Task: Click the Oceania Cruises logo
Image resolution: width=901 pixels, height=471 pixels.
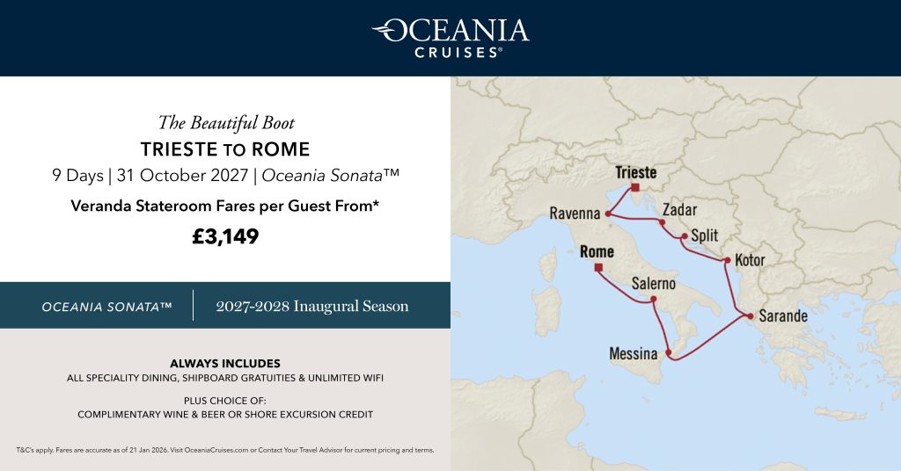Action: [450, 37]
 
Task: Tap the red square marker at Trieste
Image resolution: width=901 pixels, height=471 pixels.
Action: [634, 187]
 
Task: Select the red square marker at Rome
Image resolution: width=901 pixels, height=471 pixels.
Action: [599, 267]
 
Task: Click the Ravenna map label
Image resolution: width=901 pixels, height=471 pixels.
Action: [575, 213]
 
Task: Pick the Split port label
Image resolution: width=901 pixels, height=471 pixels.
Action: [705, 235]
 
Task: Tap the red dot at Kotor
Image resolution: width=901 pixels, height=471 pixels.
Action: [726, 260]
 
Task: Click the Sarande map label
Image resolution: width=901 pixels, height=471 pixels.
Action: [783, 315]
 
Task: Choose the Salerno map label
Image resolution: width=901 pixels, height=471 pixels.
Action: [654, 284]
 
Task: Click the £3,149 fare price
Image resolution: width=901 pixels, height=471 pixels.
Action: [225, 236]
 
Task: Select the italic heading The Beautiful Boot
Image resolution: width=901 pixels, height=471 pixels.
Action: [225, 122]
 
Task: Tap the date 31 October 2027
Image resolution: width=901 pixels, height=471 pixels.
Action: [183, 175]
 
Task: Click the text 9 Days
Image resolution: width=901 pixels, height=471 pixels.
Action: [77, 175]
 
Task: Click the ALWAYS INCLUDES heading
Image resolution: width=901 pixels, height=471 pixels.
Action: [225, 363]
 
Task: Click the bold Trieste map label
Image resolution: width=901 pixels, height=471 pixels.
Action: [636, 172]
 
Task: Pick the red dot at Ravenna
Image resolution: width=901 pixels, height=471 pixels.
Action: [608, 214]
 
